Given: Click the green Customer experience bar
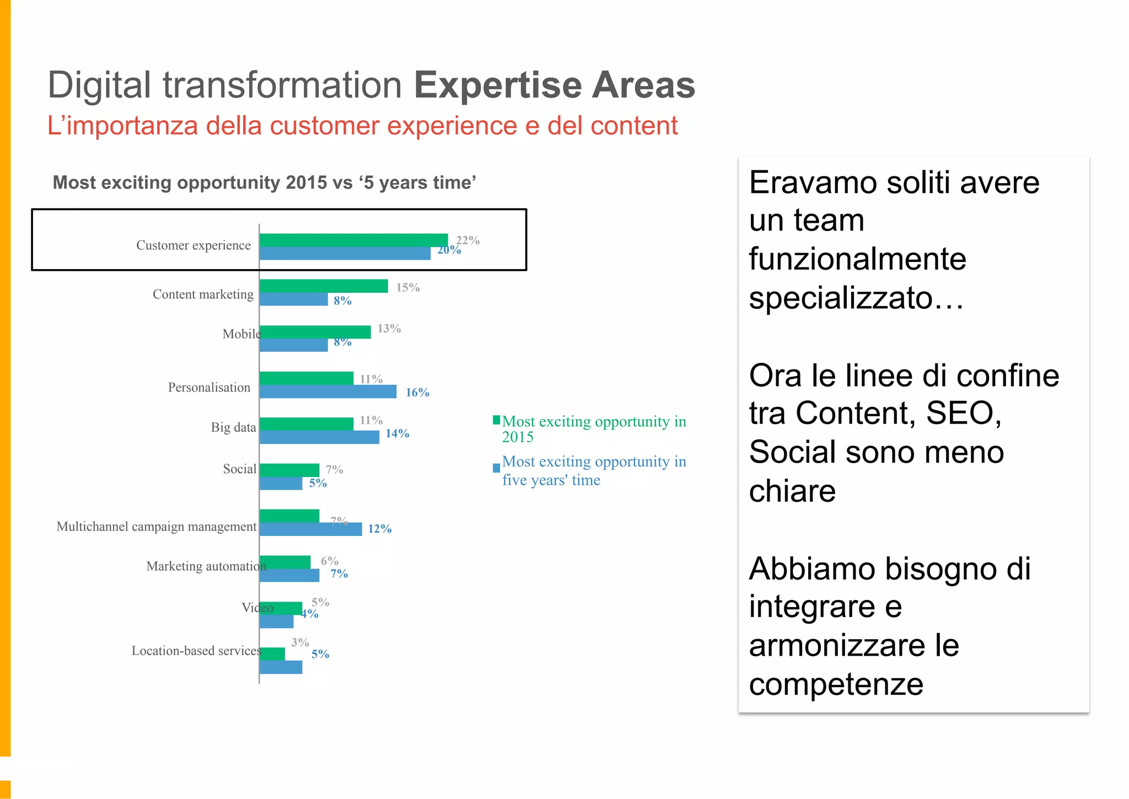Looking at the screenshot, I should tap(353, 240).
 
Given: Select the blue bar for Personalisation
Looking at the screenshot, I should tap(327, 392).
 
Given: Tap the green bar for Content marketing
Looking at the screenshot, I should tap(324, 286).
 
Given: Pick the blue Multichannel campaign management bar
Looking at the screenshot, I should tap(310, 529).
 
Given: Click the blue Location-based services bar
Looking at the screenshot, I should tap(281, 667).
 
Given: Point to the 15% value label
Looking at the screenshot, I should tap(408, 287).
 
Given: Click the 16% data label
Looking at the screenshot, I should tap(417, 393).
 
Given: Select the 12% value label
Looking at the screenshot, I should tap(380, 529).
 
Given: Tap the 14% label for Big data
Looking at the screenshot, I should tap(397, 433).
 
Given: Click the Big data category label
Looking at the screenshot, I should tap(233, 427).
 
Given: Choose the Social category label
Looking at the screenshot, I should tap(239, 469).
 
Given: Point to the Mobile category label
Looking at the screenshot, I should tap(240, 334).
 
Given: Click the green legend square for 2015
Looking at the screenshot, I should tap(496, 420).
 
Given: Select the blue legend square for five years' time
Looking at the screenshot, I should tap(496, 468).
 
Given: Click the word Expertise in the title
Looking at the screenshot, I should tap(497, 85).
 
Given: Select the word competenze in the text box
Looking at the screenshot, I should tap(836, 684).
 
